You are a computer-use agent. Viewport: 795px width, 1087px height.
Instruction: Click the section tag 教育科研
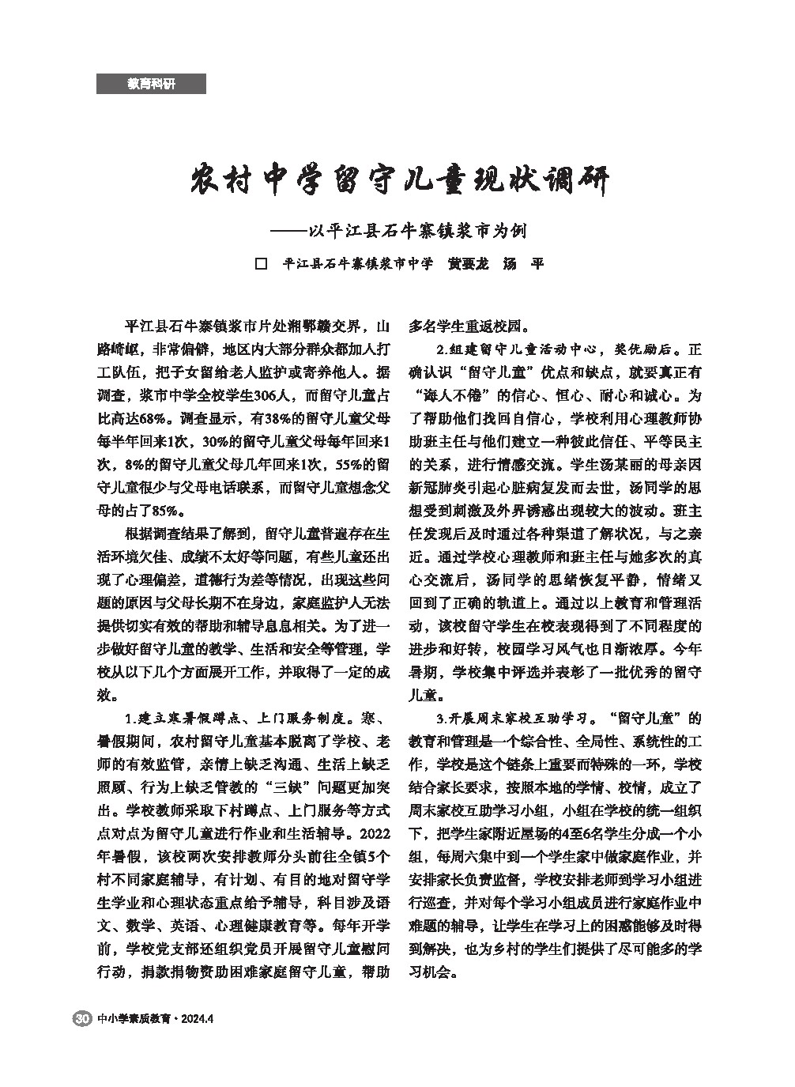coord(151,84)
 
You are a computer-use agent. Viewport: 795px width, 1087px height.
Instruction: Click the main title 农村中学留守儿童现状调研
coord(401,181)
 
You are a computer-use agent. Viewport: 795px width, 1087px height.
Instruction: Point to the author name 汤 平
coord(523,264)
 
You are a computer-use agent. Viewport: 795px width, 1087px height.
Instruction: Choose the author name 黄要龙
coord(468,264)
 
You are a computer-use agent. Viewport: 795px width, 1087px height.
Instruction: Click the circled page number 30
coord(81,1018)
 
